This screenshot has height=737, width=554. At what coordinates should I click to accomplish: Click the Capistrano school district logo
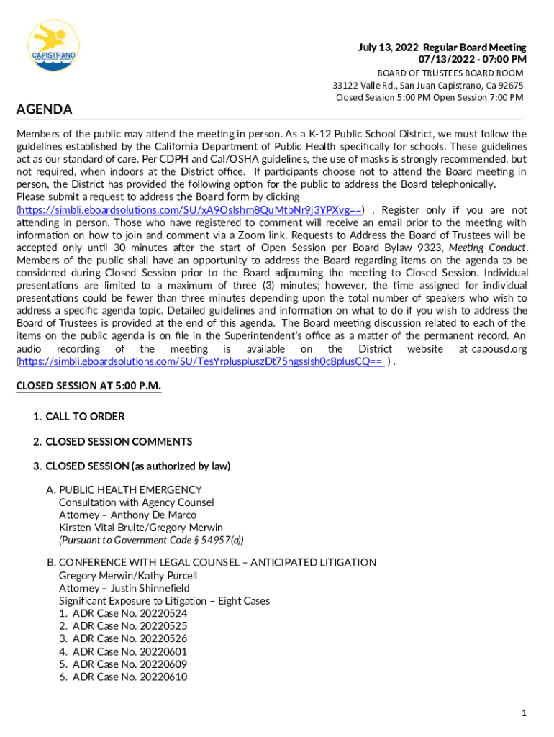53,45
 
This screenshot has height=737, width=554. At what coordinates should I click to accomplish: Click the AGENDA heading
44,109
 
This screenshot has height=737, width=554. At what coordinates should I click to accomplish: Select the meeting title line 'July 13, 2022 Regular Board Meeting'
442,48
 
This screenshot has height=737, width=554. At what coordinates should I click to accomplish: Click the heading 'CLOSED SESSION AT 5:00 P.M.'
88,386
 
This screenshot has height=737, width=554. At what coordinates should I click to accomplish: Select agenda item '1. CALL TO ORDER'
78,417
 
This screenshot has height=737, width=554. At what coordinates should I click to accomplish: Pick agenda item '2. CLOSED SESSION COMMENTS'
112,441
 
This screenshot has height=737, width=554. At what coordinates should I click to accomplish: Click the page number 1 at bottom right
525,713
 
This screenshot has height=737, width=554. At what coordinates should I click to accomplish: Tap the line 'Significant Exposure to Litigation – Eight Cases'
164,601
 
